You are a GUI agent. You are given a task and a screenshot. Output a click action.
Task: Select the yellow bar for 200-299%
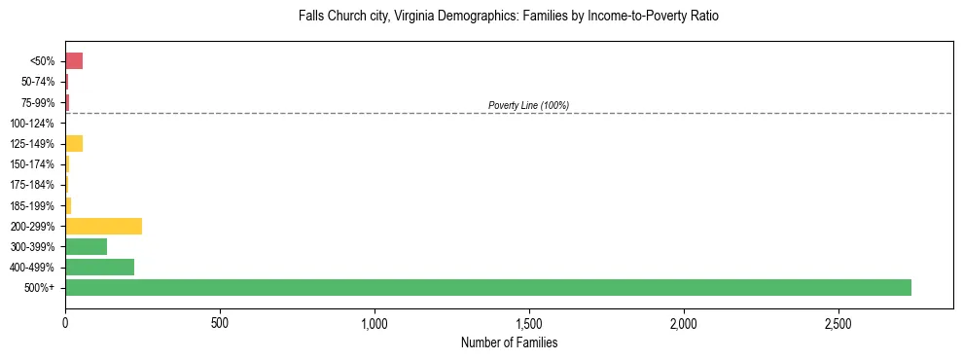pos(103,226)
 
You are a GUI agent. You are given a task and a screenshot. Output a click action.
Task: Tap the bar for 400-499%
pos(99,267)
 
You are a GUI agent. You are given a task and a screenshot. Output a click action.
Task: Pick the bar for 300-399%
pos(86,246)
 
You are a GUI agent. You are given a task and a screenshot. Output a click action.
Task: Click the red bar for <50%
pos(74,61)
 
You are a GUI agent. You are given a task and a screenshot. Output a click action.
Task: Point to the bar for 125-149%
pos(74,144)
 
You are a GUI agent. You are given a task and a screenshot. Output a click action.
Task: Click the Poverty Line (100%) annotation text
pos(528,105)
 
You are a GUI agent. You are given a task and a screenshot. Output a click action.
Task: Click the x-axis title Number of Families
pos(509,342)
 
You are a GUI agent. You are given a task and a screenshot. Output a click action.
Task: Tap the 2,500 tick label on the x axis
pos(838,322)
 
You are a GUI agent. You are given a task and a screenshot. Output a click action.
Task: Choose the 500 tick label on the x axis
pos(220,322)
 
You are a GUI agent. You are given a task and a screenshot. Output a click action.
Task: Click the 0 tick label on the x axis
pos(65,322)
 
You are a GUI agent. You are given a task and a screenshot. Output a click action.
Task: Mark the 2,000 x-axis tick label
pos(684,322)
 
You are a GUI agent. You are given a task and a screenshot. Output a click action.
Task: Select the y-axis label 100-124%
pos(32,124)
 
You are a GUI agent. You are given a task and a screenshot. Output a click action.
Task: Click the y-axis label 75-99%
pos(35,103)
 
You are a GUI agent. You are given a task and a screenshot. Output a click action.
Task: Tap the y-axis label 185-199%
pos(32,205)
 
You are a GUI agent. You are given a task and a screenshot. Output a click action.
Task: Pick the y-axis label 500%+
pos(40,288)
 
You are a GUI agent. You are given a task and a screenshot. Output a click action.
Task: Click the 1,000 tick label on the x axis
pos(374,322)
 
